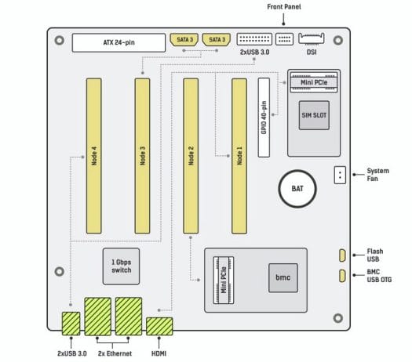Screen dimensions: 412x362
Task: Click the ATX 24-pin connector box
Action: (118, 42)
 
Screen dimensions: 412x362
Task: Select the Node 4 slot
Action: (94, 156)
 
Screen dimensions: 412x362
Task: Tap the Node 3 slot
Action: (142, 156)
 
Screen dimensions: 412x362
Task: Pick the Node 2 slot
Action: (191, 156)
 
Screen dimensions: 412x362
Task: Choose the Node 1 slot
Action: (239, 156)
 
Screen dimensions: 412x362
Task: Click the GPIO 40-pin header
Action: (264, 118)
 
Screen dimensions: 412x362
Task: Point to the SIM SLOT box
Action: (314, 115)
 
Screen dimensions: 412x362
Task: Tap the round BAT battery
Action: (297, 189)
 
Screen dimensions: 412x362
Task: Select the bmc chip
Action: (283, 278)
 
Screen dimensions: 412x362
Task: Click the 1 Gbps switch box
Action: (121, 266)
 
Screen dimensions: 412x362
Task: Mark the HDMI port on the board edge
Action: (159, 326)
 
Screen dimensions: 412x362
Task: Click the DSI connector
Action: (312, 38)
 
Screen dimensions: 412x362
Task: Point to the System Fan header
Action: (340, 175)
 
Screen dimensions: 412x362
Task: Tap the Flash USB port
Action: (342, 255)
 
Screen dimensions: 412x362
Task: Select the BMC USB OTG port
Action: (342, 276)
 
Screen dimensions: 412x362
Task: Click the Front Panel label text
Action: (284, 7)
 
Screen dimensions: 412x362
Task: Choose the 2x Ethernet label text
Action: (115, 353)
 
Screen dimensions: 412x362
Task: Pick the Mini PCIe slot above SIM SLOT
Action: (314, 82)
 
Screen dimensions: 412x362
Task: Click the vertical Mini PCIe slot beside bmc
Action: (224, 281)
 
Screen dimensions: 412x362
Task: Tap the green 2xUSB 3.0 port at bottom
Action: (71, 324)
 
